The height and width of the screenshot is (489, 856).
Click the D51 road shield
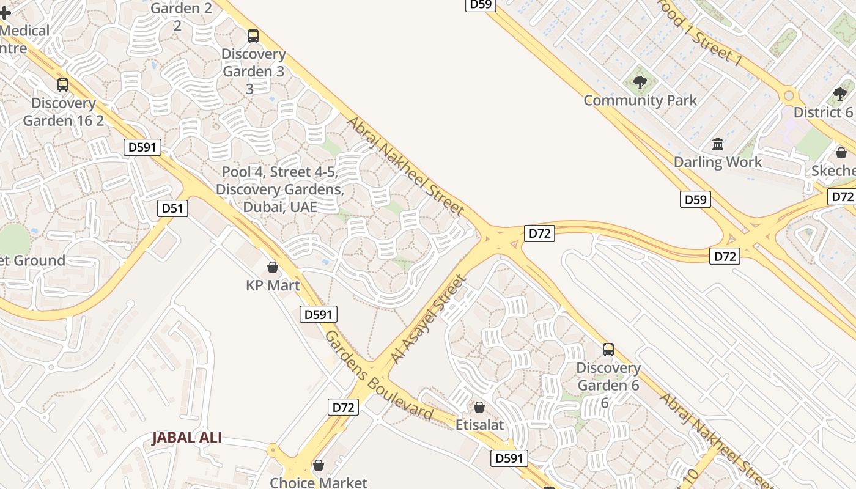pyautogui.click(x=172, y=208)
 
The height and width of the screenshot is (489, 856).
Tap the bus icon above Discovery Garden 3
pyautogui.click(x=253, y=36)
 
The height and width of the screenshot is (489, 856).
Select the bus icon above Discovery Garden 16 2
pyautogui.click(x=63, y=85)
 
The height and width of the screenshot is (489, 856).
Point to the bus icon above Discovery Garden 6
pyautogui.click(x=608, y=350)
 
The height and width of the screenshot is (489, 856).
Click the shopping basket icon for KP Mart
pyautogui.click(x=273, y=268)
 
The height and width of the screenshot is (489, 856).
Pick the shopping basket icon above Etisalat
pyautogui.click(x=480, y=406)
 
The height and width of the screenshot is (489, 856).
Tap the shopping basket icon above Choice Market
pyautogui.click(x=319, y=466)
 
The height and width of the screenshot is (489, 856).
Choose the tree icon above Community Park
pyautogui.click(x=640, y=82)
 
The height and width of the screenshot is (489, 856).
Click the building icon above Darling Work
pyautogui.click(x=718, y=144)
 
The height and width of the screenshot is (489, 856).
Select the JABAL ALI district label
pyautogui.click(x=186, y=438)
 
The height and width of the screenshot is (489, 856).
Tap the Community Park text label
pyautogui.click(x=640, y=100)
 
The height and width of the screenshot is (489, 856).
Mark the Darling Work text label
pyautogui.click(x=718, y=162)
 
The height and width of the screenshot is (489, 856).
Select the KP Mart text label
pyautogui.click(x=273, y=285)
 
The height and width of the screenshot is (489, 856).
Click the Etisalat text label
pyautogui.click(x=480, y=424)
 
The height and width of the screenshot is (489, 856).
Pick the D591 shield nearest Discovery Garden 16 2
pyautogui.click(x=142, y=147)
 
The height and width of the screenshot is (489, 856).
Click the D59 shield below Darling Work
pyautogui.click(x=695, y=199)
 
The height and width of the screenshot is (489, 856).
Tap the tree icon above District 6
pyautogui.click(x=840, y=94)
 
